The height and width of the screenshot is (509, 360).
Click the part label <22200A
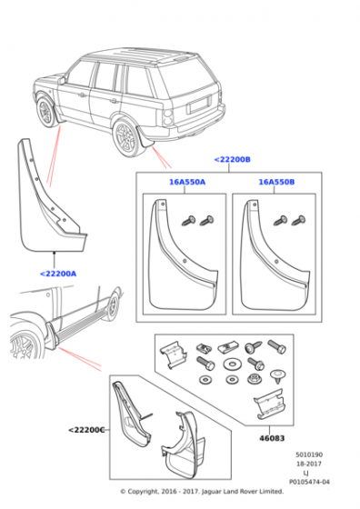[x=58, y=274]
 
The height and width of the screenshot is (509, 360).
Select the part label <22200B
[x=233, y=159]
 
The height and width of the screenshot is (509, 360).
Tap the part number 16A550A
[x=187, y=182]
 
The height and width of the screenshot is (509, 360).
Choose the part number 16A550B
[x=276, y=182]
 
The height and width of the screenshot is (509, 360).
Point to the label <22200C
[x=86, y=430]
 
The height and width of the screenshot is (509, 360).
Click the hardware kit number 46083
[x=272, y=438]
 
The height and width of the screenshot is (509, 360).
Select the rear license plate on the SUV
[x=199, y=105]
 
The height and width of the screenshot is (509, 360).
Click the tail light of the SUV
[x=168, y=117]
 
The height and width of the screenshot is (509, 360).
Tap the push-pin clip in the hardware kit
[x=276, y=375]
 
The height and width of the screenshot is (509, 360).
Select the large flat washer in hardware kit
[x=232, y=364]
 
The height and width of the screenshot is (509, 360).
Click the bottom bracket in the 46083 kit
[x=269, y=404]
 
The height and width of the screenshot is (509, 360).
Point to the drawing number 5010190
[x=309, y=454]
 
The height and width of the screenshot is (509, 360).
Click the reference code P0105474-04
[x=309, y=482]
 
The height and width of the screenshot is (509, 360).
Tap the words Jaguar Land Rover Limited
[x=243, y=492]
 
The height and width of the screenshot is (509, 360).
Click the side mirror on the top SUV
[x=61, y=80]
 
